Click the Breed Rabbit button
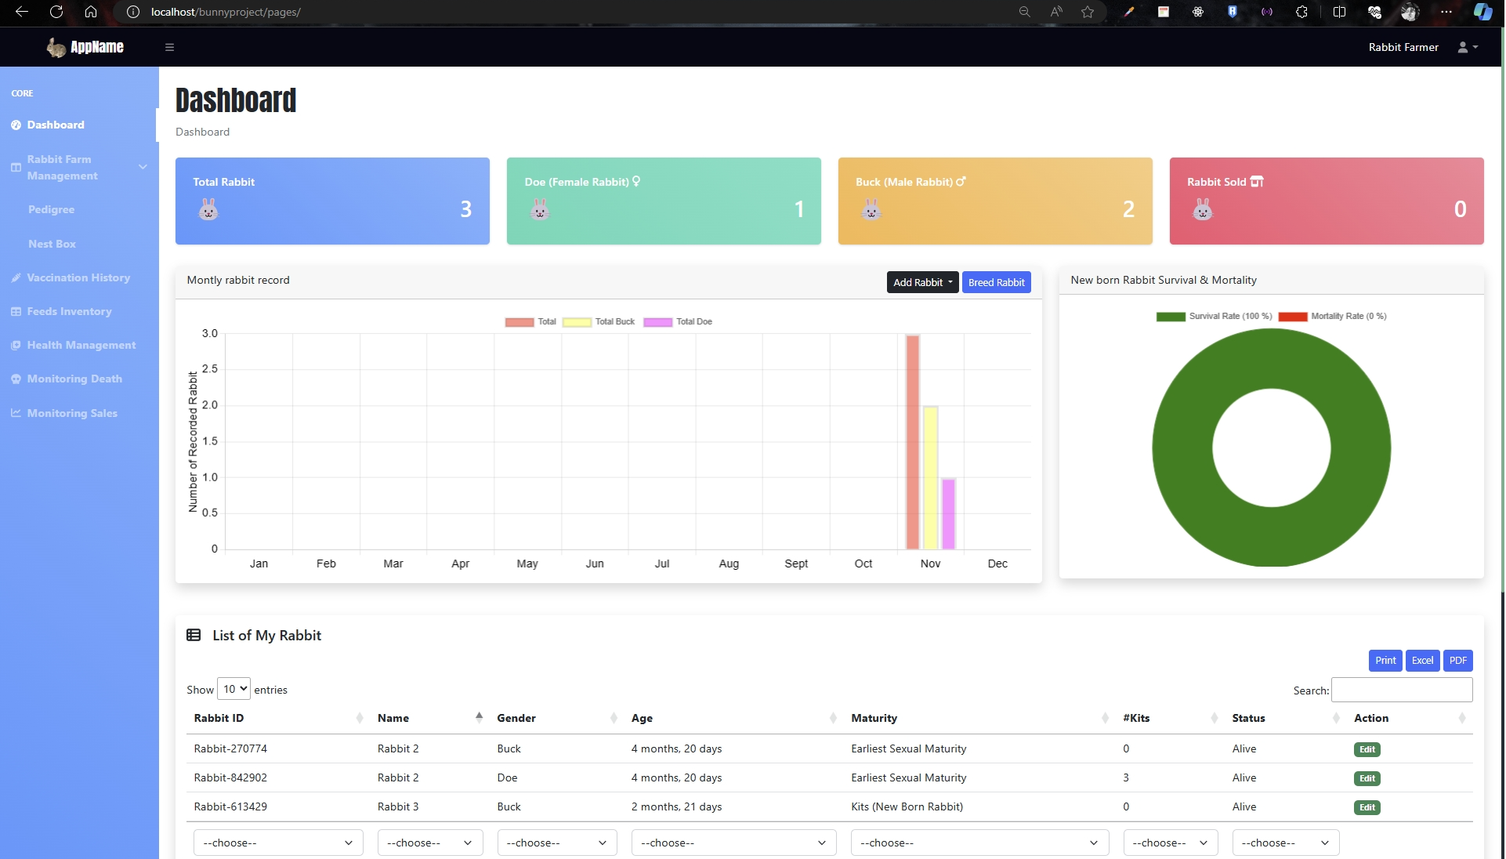[996, 282]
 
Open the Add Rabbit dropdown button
[922, 282]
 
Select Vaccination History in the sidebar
[78, 277]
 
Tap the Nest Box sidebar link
[52, 244]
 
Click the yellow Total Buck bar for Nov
[930, 477]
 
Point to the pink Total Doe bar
[948, 513]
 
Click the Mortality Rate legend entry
[1332, 317]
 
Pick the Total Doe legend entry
[678, 322]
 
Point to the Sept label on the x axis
[796, 564]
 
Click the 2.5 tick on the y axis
[209, 369]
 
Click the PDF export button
[1457, 661]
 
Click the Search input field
[1401, 690]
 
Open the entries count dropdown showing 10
[234, 689]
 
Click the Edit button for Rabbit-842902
[1367, 778]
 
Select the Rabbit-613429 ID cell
[230, 806]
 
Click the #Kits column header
[1136, 718]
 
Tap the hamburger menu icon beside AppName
[169, 47]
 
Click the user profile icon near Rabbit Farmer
[1467, 47]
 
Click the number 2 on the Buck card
[1128, 209]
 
